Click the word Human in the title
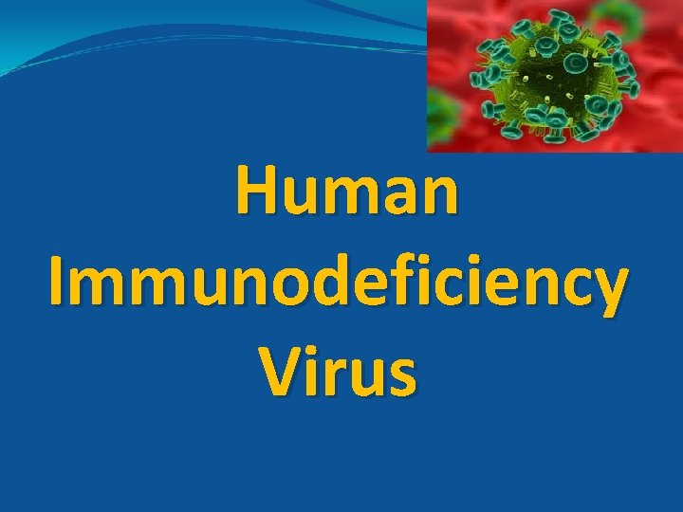click(x=347, y=192)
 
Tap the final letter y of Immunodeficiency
click(x=607, y=289)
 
